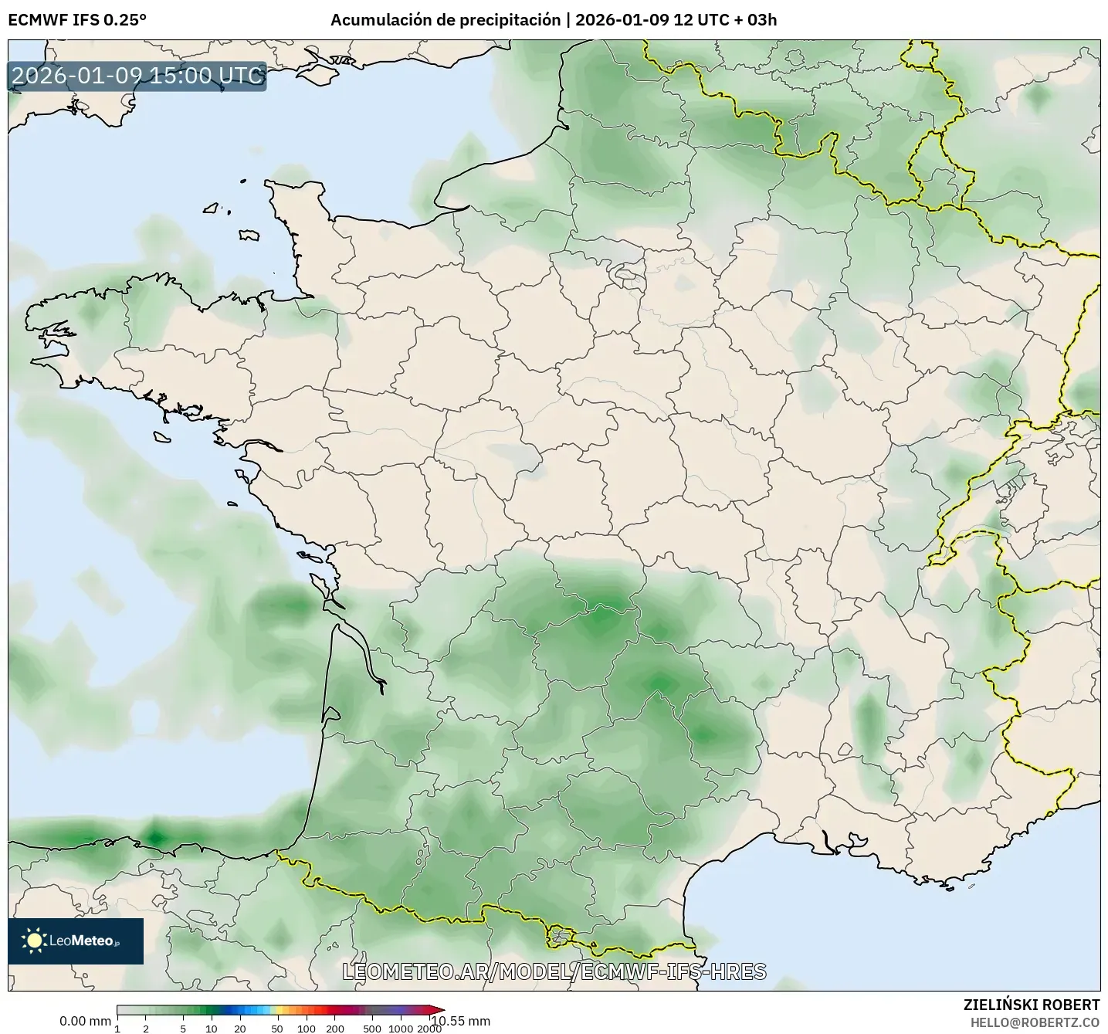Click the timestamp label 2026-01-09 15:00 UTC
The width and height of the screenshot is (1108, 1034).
pyautogui.click(x=137, y=76)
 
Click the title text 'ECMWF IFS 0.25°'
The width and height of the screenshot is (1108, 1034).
pyautogui.click(x=77, y=20)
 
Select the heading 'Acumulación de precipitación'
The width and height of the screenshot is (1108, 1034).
pyautogui.click(x=446, y=20)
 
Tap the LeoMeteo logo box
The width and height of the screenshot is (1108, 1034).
pyautogui.click(x=76, y=941)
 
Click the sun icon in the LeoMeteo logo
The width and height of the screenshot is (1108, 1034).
pyautogui.click(x=34, y=941)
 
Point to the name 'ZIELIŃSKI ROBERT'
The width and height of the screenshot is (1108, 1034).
pyautogui.click(x=1032, y=1005)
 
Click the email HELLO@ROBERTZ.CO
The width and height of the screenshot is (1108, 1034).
pyautogui.click(x=1035, y=1022)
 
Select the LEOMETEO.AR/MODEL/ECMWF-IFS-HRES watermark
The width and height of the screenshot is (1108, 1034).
pyautogui.click(x=554, y=971)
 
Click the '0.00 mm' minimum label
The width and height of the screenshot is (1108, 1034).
pyautogui.click(x=85, y=1022)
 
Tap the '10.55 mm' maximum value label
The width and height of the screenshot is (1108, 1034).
pyautogui.click(x=460, y=1022)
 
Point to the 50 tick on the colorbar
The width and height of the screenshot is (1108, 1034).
pyautogui.click(x=277, y=1029)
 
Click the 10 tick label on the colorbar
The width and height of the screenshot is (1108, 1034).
pyautogui.click(x=212, y=1029)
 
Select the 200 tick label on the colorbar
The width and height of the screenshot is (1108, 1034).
pyautogui.click(x=335, y=1029)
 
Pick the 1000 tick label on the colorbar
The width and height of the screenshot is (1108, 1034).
pyautogui.click(x=401, y=1029)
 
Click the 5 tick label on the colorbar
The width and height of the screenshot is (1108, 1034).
pyautogui.click(x=183, y=1029)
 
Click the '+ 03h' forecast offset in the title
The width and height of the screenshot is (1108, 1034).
pyautogui.click(x=757, y=20)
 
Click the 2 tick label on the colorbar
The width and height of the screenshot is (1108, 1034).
pyautogui.click(x=146, y=1029)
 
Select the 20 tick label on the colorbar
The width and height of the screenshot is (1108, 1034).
pyautogui.click(x=240, y=1029)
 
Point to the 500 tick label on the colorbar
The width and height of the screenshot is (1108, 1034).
pyautogui.click(x=372, y=1029)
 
